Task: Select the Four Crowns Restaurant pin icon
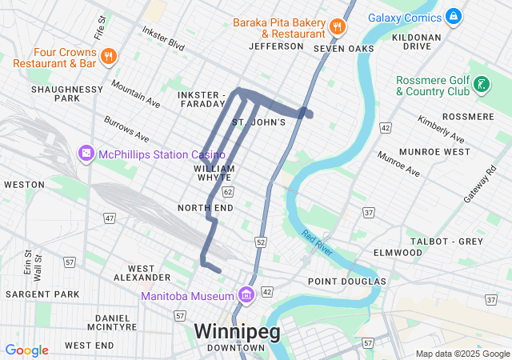pos(110,55)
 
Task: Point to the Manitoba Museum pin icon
pos(246,295)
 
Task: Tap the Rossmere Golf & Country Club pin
pos(480,83)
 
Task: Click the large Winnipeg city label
pos(237,331)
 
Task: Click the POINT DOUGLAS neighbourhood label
pos(347,282)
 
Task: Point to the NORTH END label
pos(206,208)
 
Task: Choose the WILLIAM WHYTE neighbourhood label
pos(214,174)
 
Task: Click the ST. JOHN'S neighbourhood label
pos(258,122)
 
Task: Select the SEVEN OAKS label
pos(344,49)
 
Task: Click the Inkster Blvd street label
pos(163,39)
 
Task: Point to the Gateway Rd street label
pos(479,185)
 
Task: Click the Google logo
pos(27,350)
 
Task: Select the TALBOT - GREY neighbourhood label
pos(446,241)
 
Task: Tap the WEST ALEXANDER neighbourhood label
pos(142,273)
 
